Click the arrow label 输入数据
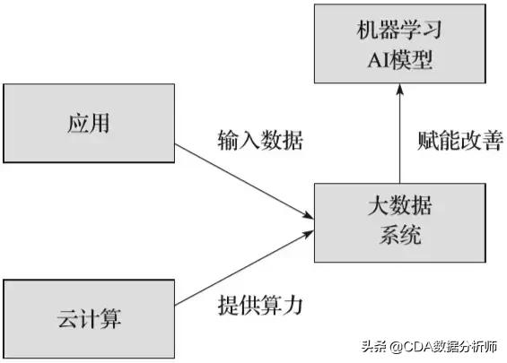click(259, 141)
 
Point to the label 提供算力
click(259, 305)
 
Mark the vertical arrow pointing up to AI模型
click(400, 134)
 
